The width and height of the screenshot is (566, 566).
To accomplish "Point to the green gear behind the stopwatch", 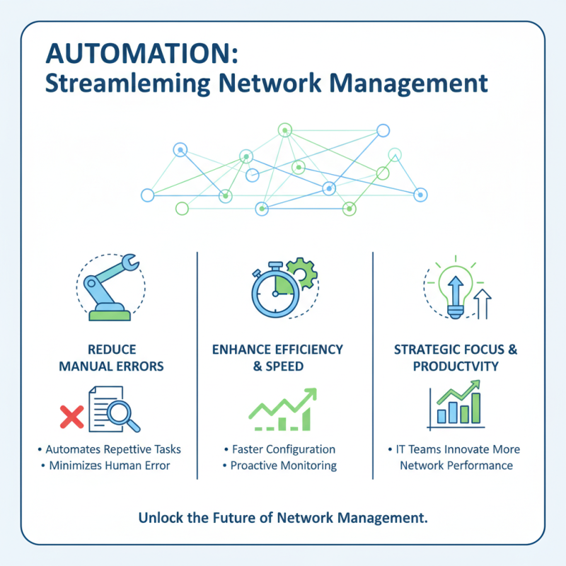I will coord(305,276).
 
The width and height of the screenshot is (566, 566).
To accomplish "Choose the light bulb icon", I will coord(453,287).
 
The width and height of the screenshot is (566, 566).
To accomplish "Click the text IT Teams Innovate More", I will coord(456,449).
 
